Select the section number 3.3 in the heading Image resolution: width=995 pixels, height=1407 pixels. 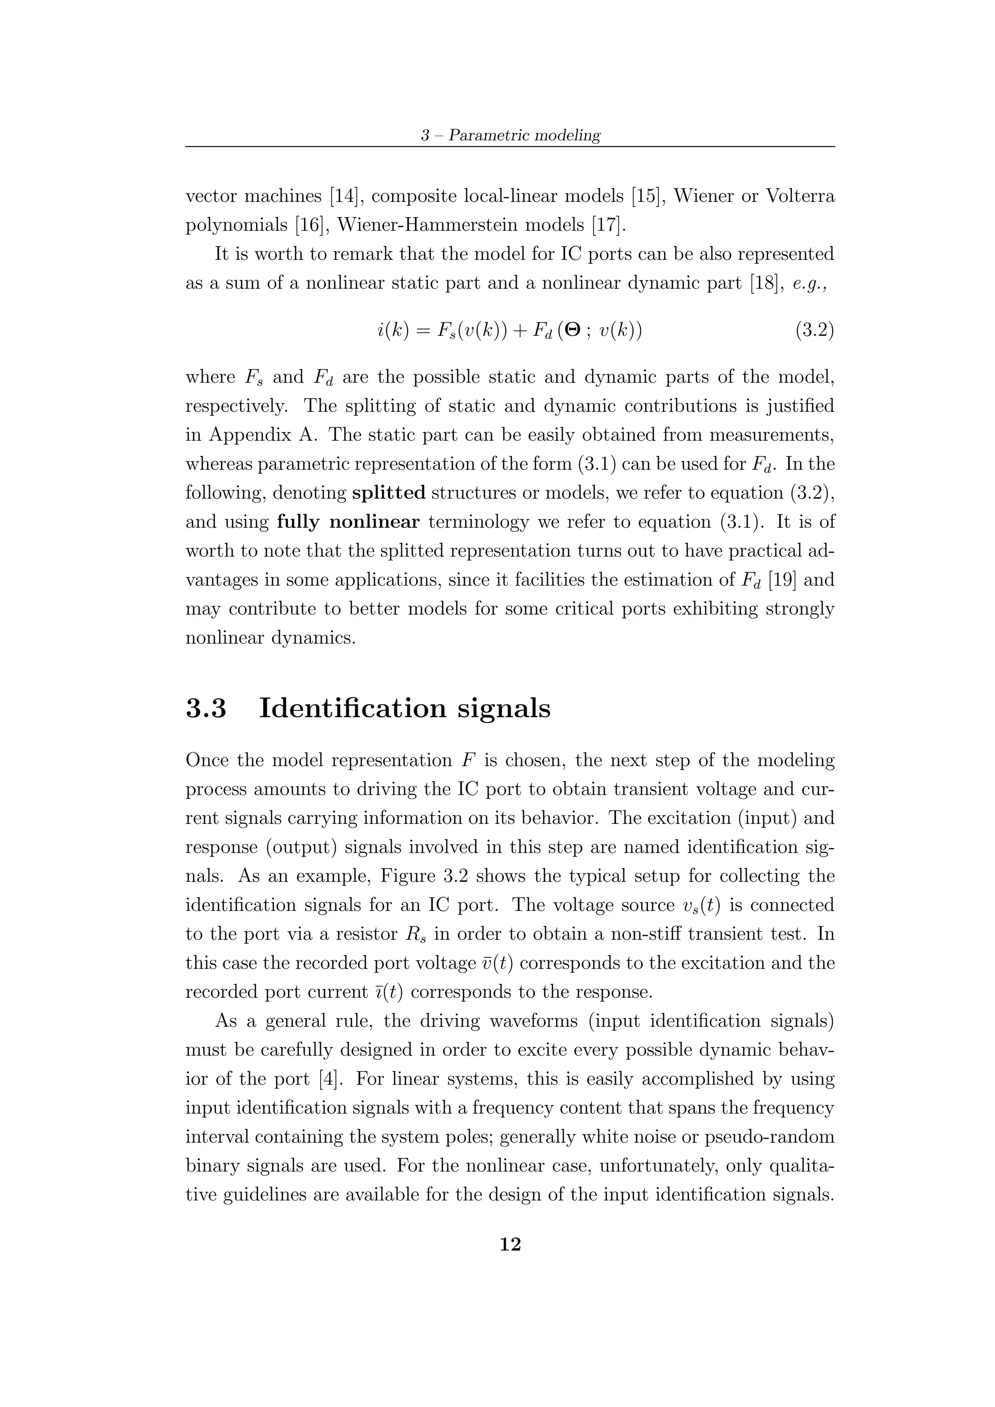[206, 708]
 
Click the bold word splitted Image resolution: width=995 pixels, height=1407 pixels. [389, 493]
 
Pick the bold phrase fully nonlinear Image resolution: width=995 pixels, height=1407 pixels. [348, 522]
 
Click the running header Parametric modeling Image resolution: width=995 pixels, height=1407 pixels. [524, 135]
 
